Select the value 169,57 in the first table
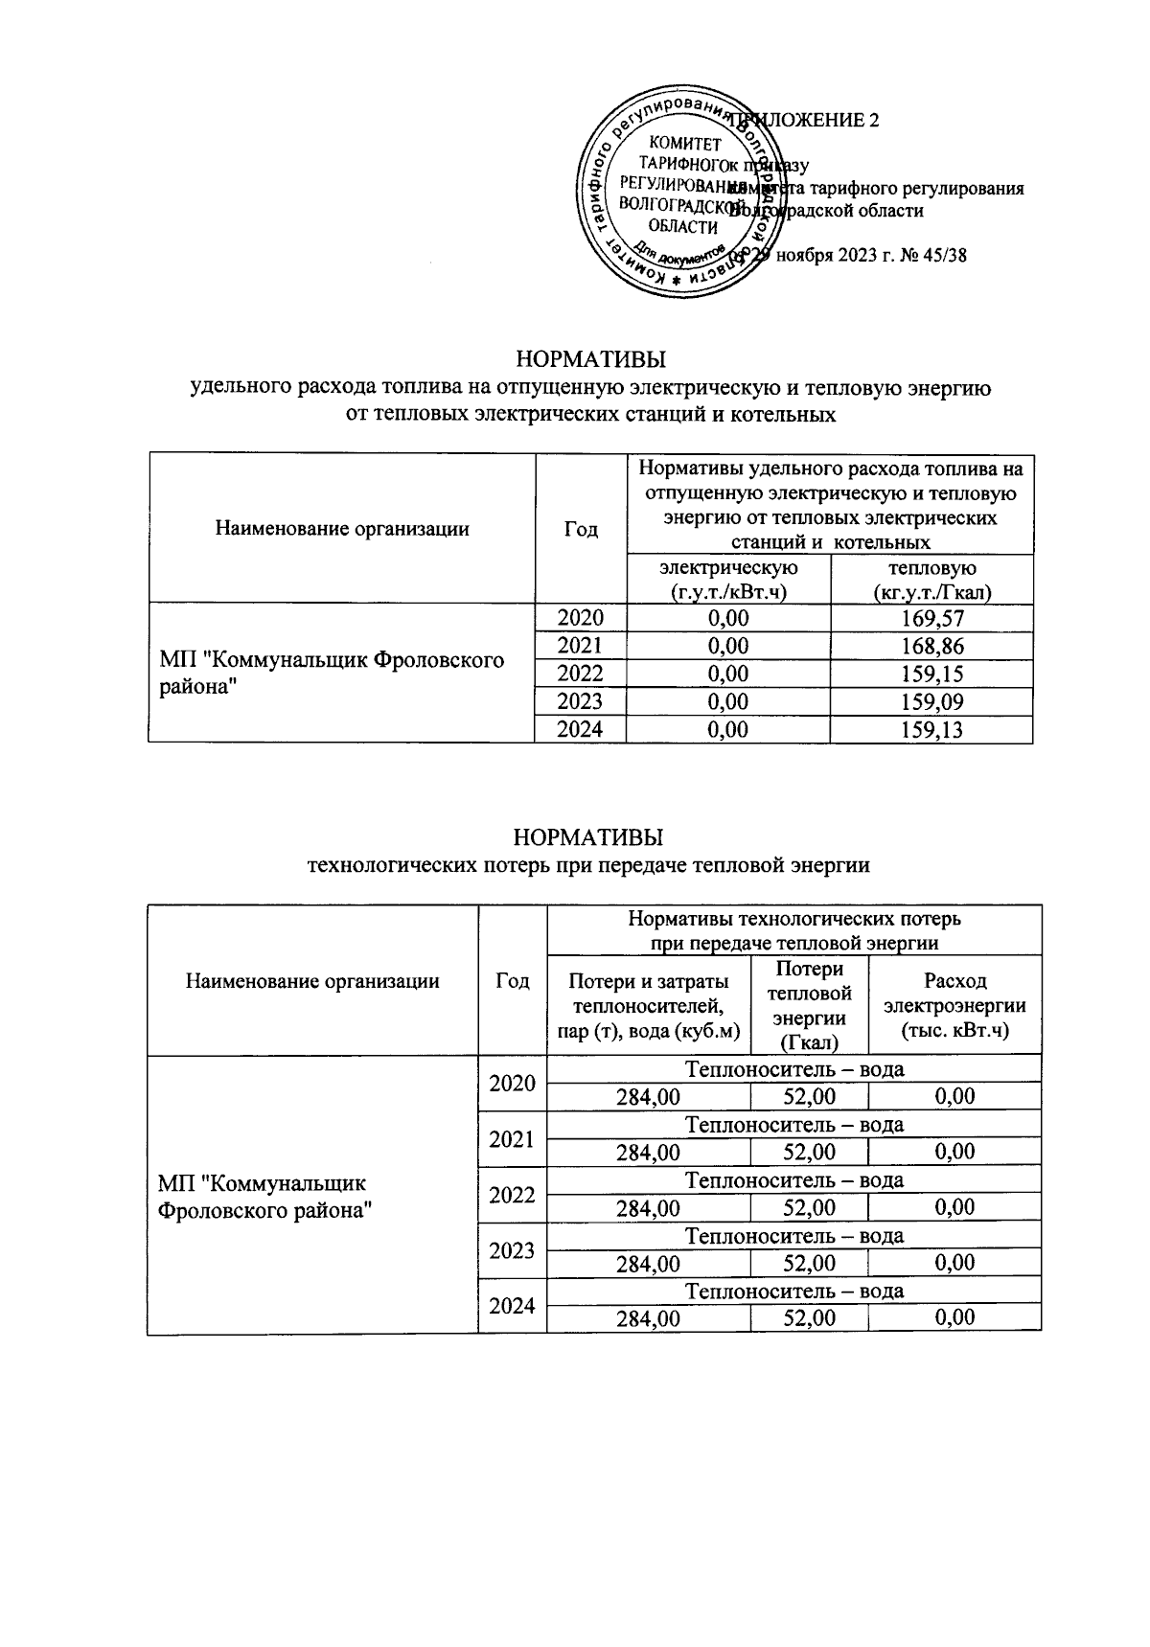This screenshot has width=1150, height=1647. [x=931, y=619]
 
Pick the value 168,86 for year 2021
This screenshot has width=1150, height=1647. [x=931, y=647]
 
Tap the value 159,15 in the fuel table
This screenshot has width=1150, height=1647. [x=931, y=675]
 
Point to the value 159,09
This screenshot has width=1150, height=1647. [x=931, y=702]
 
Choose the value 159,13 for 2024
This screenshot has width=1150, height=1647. [x=931, y=730]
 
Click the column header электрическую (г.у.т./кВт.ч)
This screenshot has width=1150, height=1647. [x=728, y=580]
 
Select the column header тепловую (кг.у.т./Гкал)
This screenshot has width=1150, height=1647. [x=931, y=580]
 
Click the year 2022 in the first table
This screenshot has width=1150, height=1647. [x=580, y=675]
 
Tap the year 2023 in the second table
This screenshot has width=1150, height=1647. [x=512, y=1250]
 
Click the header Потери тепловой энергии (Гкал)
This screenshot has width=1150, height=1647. [x=810, y=1006]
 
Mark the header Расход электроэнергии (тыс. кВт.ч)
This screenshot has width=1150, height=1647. [x=954, y=1006]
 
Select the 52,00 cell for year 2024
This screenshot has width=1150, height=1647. [x=810, y=1318]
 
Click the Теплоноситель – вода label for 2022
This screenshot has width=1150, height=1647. [x=794, y=1180]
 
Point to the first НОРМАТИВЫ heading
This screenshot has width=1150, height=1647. [x=591, y=361]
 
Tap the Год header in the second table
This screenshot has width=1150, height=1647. [x=512, y=981]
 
